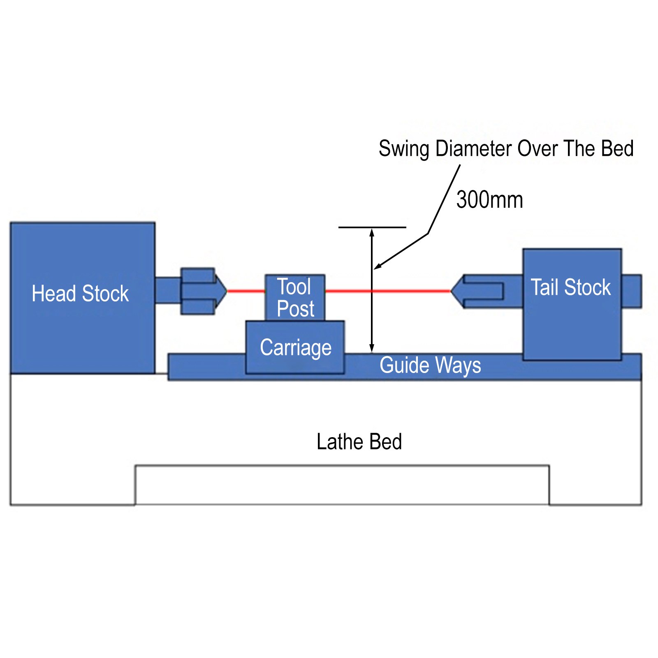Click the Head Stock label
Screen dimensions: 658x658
pyautogui.click(x=80, y=294)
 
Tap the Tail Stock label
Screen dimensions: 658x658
pyautogui.click(x=570, y=287)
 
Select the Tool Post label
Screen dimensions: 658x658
pyautogui.click(x=295, y=298)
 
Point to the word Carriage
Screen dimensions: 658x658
pyautogui.click(x=295, y=348)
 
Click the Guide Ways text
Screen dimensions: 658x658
pyautogui.click(x=430, y=365)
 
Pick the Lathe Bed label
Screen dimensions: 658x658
pyautogui.click(x=359, y=442)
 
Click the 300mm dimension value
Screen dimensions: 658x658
pyautogui.click(x=489, y=200)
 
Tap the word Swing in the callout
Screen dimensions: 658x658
pyautogui.click(x=403, y=149)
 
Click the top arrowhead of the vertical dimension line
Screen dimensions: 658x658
pyautogui.click(x=372, y=232)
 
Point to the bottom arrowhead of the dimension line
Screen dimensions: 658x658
pyautogui.click(x=372, y=348)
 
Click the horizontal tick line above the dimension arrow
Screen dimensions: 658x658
pyautogui.click(x=372, y=227)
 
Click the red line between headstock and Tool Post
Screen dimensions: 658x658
pyautogui.click(x=246, y=291)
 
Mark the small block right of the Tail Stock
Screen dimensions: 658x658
pyautogui.click(x=631, y=291)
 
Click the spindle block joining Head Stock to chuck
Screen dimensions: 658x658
pyautogui.click(x=168, y=290)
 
